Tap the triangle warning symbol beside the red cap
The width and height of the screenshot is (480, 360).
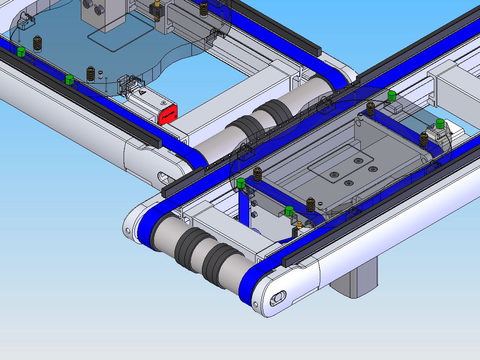[142, 92]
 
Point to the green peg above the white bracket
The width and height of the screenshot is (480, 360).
[440, 124]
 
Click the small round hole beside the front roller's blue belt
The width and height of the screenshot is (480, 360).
[128, 230]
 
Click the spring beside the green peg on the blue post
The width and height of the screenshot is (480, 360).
[257, 175]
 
